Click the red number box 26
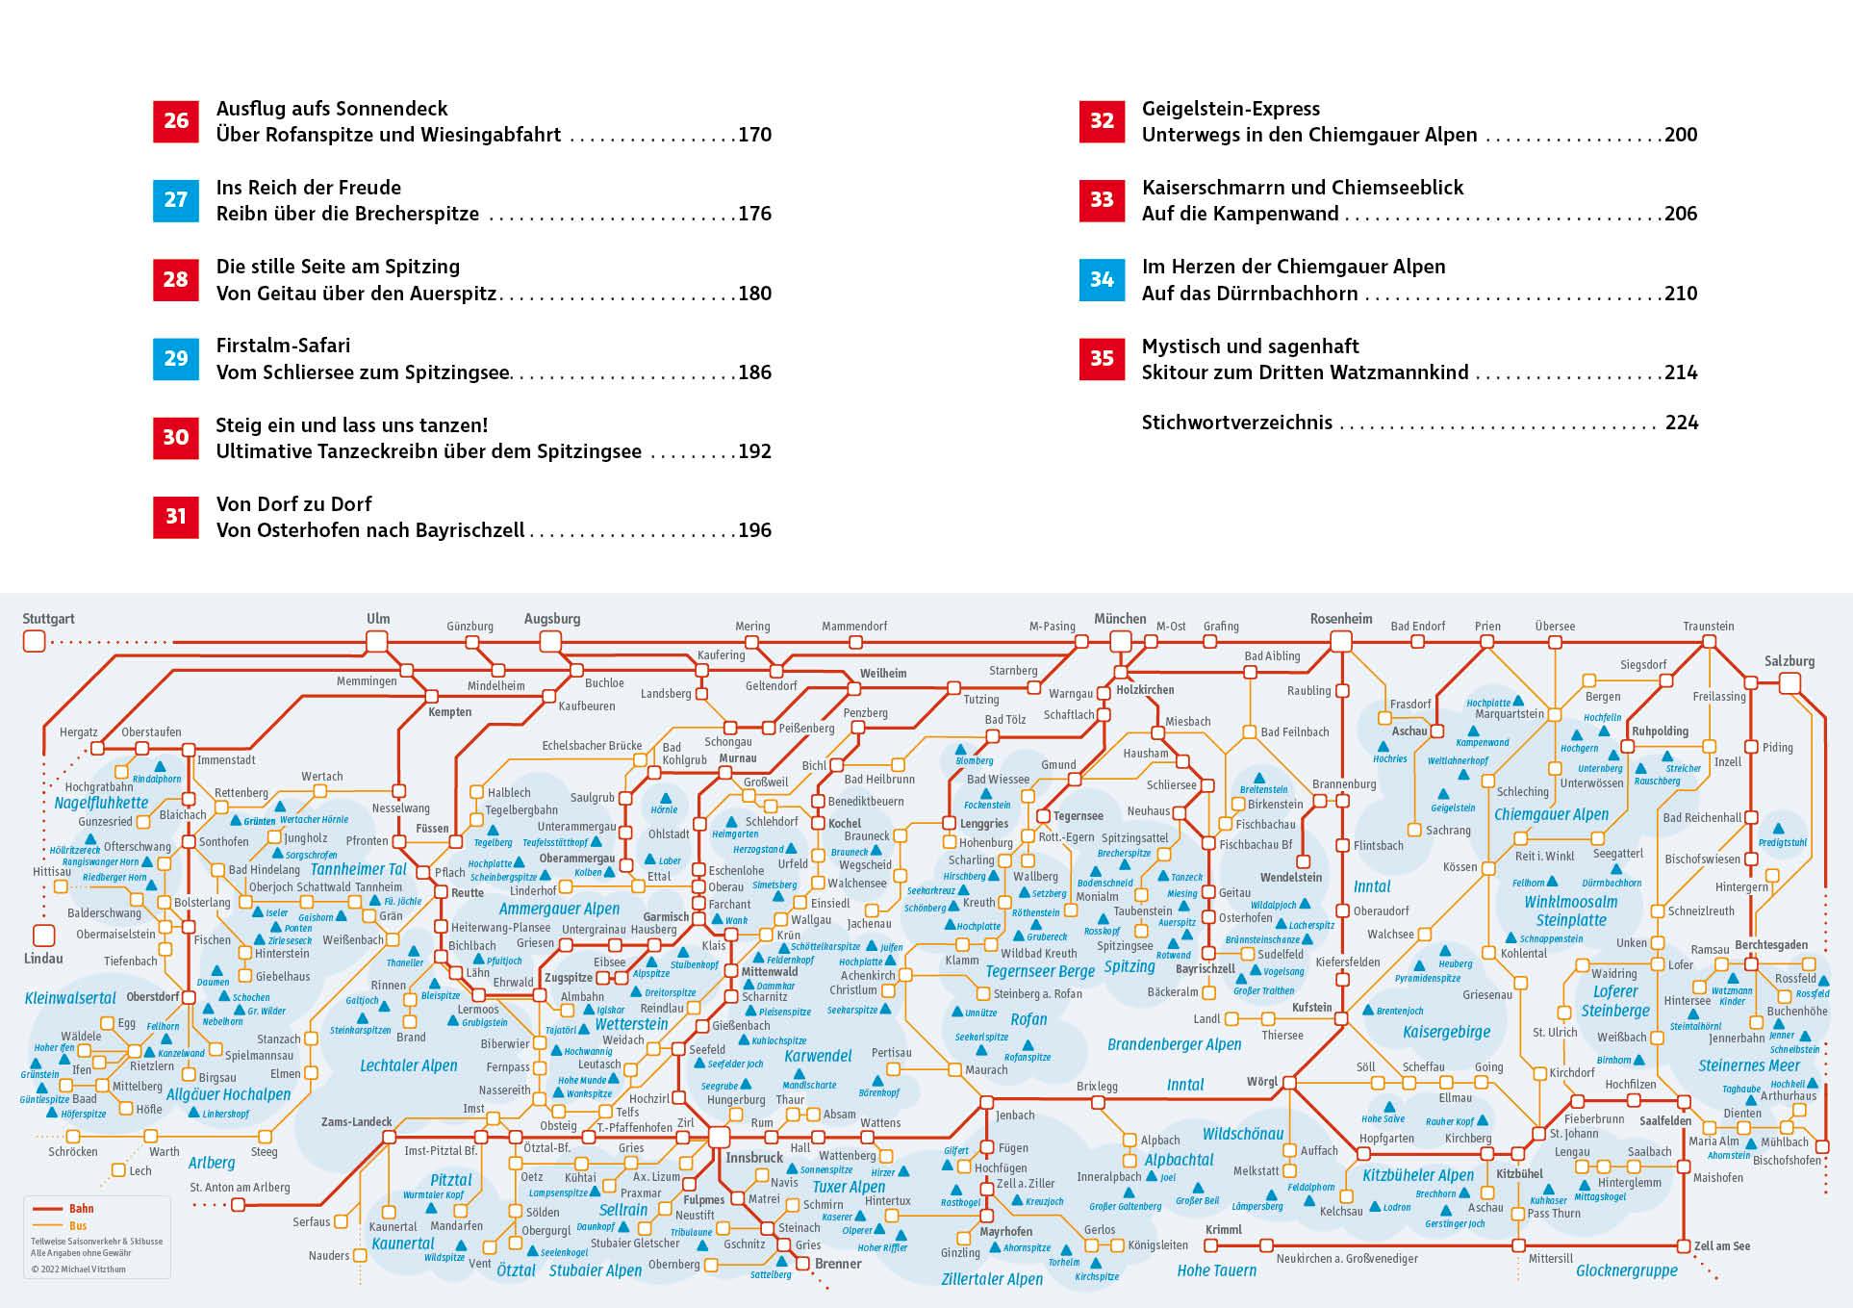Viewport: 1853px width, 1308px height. (175, 121)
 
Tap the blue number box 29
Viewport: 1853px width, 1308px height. (175, 359)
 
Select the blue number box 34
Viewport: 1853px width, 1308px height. (1102, 280)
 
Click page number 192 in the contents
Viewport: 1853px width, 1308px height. (754, 451)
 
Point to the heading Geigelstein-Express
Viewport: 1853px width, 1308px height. (1231, 109)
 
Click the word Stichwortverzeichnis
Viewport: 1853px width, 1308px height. (1236, 423)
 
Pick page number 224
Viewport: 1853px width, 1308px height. (1681, 423)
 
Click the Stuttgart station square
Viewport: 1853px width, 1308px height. (35, 641)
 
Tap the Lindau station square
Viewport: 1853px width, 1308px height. (43, 935)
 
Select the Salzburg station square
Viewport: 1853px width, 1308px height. (1790, 683)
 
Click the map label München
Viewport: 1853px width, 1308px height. (1120, 619)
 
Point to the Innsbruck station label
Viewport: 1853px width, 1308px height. (754, 1157)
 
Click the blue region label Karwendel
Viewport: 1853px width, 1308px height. (818, 1056)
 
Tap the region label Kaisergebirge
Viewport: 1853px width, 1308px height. (1446, 1032)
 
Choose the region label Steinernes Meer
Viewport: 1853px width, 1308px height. (1748, 1065)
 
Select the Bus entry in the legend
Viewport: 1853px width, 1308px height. (77, 1226)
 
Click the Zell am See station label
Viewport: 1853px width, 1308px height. (1722, 1245)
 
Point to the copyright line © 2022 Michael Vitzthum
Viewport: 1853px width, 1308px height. (78, 1269)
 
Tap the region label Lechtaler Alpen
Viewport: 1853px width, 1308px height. (408, 1065)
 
